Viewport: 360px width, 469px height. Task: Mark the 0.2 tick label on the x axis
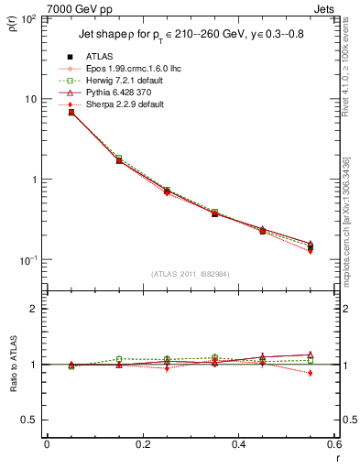tap(142, 444)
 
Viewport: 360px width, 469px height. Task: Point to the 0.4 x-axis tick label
tap(238, 444)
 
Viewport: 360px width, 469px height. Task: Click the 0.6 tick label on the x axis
tap(333, 444)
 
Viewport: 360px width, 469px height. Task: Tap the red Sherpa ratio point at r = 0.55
tap(311, 373)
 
